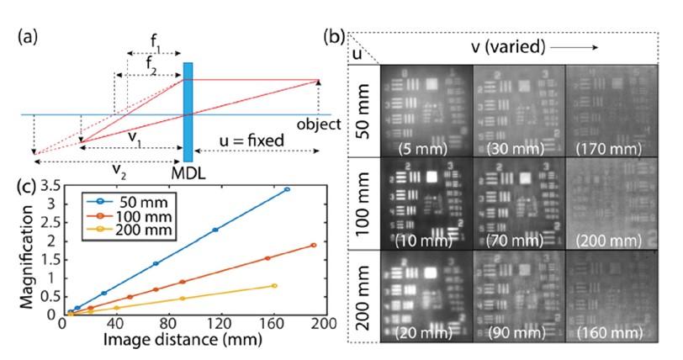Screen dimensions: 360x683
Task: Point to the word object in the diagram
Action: (x=319, y=124)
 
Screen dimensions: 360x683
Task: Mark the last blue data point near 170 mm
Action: (x=287, y=190)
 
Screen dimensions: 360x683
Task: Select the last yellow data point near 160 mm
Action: (x=274, y=286)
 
